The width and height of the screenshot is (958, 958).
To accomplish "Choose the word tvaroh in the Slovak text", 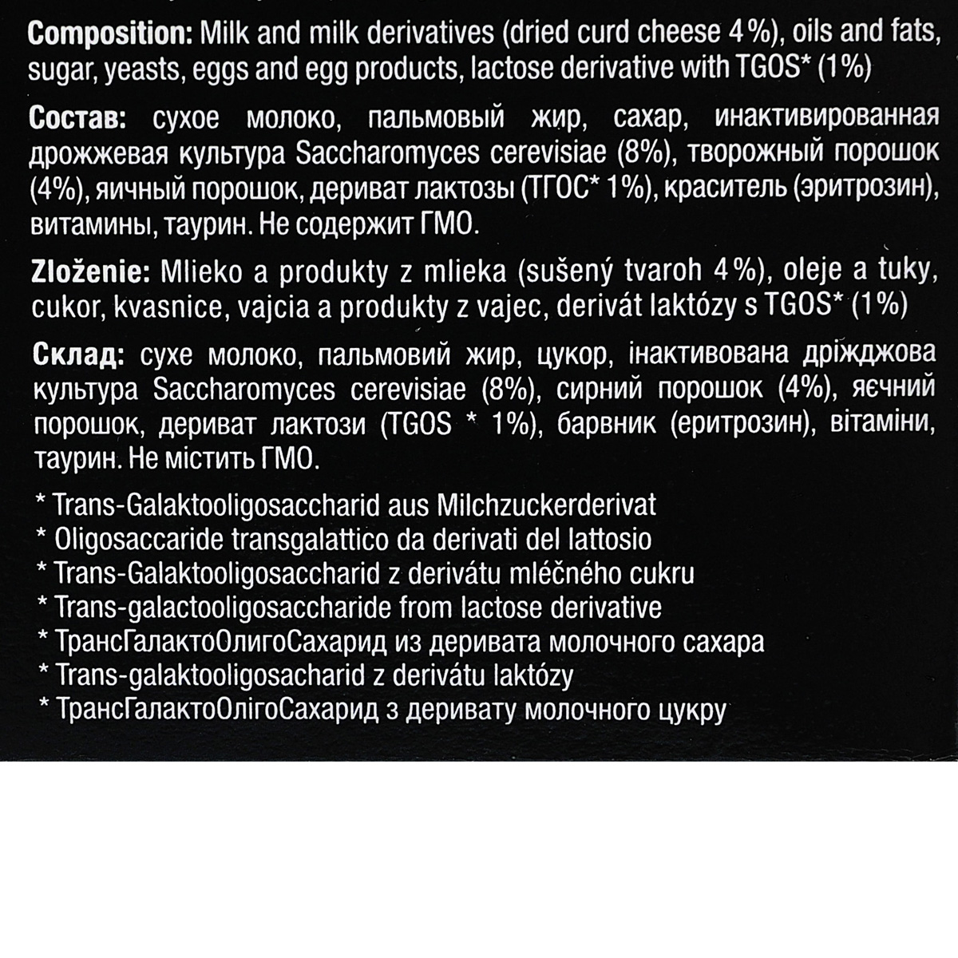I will (659, 273).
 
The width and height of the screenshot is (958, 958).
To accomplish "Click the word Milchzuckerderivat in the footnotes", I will (547, 505).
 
